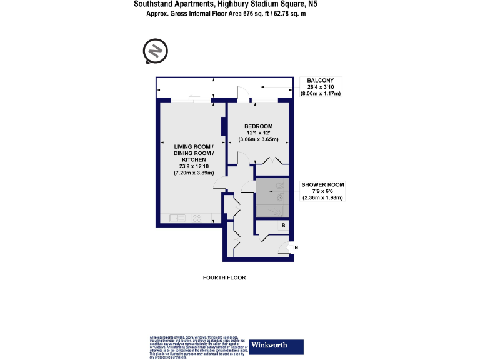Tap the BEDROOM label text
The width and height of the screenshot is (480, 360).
[x=258, y=126]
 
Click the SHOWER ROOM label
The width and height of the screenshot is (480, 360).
[x=322, y=184]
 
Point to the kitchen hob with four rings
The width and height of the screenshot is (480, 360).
[x=197, y=218]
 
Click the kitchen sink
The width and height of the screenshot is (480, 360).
[x=177, y=218]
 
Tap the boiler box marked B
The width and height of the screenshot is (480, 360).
[x=283, y=225]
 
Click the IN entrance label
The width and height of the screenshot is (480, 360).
[x=296, y=248]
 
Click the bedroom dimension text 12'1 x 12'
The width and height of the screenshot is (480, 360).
[x=258, y=132]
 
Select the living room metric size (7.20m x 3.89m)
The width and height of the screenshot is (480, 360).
[x=194, y=172]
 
